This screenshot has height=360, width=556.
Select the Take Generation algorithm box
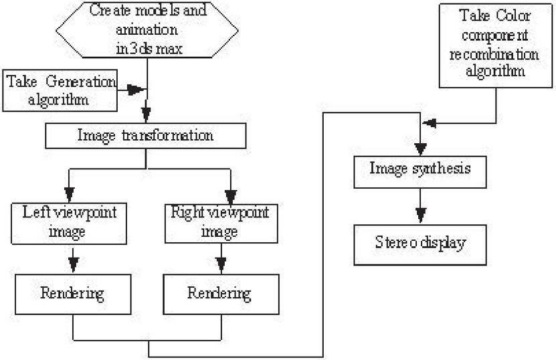point(59,91)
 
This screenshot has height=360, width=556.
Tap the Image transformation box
point(145,135)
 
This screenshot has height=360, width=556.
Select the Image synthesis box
point(420,169)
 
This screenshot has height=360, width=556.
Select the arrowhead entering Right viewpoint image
point(230,195)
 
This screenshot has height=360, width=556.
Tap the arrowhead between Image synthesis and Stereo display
point(420,215)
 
